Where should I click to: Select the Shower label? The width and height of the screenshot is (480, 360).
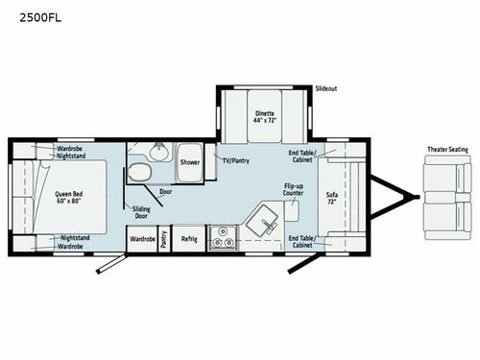[x=189, y=162]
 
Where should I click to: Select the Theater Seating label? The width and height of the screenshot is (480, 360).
[x=446, y=150]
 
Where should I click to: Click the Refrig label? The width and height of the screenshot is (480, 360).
[x=189, y=238]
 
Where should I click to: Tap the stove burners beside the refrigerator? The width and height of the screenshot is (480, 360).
[x=222, y=237]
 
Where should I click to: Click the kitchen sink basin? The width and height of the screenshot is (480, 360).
[x=260, y=222]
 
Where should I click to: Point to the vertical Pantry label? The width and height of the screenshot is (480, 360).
[x=164, y=238]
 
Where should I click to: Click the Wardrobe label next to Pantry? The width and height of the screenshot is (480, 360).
[x=143, y=238]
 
